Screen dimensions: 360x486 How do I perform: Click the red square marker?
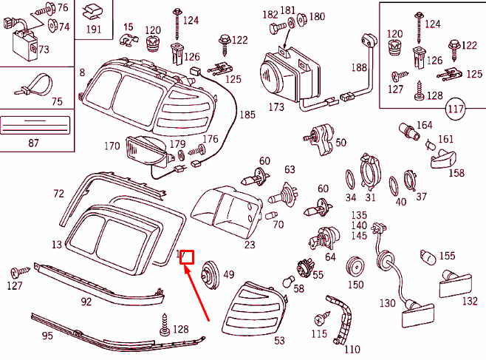pyautogui.click(x=187, y=257)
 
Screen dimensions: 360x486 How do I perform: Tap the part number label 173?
pyautogui.click(x=276, y=108)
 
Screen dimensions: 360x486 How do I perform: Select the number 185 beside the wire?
pyautogui.click(x=247, y=115)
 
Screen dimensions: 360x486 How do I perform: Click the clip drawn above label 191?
pyautogui.click(x=92, y=11)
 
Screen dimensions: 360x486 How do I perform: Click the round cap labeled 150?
pyautogui.click(x=356, y=265)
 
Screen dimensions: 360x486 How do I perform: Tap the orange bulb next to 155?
pyautogui.click(x=427, y=257)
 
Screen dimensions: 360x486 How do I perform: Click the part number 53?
pyautogui.click(x=279, y=341)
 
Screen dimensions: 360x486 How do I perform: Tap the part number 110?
pyautogui.click(x=352, y=349)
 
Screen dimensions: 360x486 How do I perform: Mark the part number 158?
pyautogui.click(x=458, y=173)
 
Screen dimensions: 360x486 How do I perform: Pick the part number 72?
pyautogui.click(x=58, y=194)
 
